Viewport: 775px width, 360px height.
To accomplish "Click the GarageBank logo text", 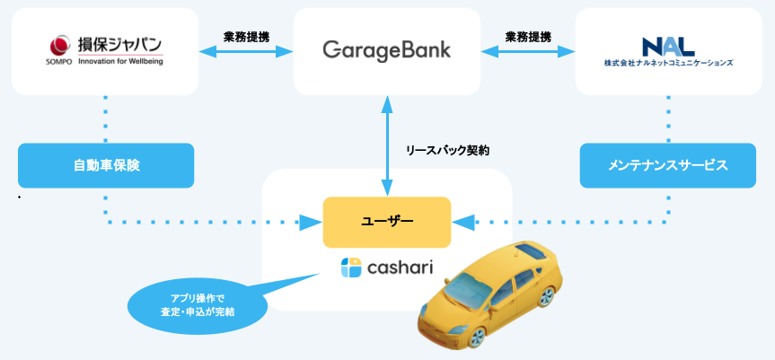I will coord(387,49).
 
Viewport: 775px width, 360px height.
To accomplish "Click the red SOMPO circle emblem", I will coord(59,43).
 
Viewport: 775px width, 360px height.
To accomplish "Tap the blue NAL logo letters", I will coord(668,46).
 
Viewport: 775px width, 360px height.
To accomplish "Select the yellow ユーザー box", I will coord(386,222).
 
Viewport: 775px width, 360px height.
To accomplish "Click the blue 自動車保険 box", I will coord(106,165).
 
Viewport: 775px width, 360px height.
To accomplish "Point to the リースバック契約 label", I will coord(449,152).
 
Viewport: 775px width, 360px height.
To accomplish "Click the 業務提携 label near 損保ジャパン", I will coord(246,37).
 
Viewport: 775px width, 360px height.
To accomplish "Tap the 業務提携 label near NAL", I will coord(528,37).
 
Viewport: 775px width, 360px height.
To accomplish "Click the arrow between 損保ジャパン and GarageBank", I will coord(246,52).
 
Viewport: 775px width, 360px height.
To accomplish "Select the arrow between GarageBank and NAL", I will coord(528,52).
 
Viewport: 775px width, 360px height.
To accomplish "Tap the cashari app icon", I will coord(351,268).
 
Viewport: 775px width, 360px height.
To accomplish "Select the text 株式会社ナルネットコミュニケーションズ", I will coord(668,64).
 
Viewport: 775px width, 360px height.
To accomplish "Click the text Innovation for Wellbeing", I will coord(120,61).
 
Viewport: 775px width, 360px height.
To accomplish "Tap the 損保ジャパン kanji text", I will coord(120,44).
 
